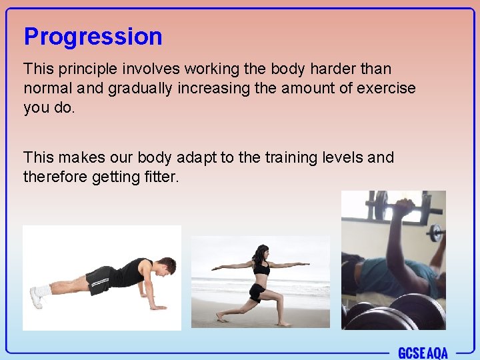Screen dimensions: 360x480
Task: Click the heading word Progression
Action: (93, 37)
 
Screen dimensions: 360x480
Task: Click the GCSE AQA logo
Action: (423, 353)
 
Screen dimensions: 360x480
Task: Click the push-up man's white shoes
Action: (37, 295)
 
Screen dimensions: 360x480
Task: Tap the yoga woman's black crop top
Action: (261, 268)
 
